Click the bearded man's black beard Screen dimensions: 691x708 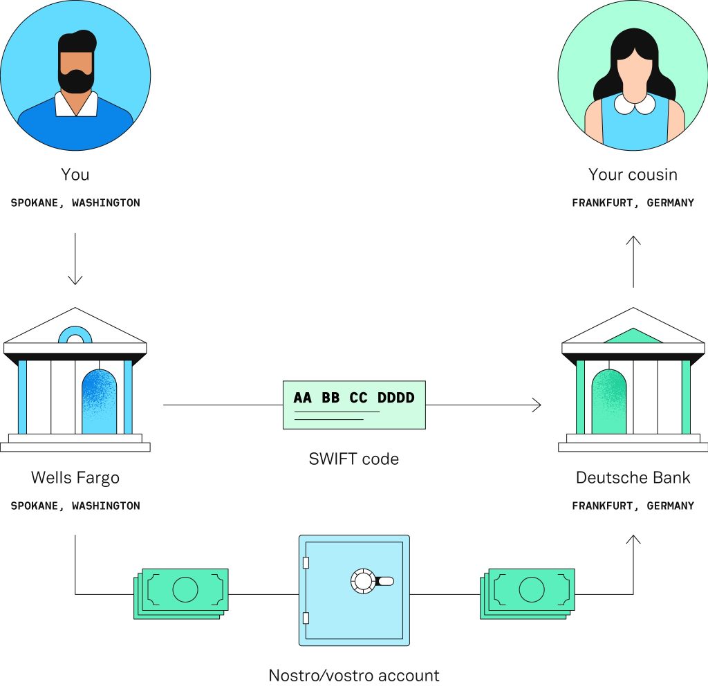coord(76,82)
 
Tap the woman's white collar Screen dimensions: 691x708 coord(634,104)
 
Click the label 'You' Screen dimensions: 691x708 coord(75,174)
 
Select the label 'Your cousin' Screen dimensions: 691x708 coord(633,174)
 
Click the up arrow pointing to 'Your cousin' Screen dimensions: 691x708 coord(633,261)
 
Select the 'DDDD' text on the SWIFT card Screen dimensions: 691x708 coord(395,398)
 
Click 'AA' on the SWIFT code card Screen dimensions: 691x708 coord(302,398)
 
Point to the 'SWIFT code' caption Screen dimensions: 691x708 coord(353,459)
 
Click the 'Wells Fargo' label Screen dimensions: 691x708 coord(75,478)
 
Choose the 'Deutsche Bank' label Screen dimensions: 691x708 coord(633,478)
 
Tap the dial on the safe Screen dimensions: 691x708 coord(363,580)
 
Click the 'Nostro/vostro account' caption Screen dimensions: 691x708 coord(353,675)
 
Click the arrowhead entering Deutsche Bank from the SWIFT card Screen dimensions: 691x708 coord(537,405)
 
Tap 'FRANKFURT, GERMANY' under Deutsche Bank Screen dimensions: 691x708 coord(633,506)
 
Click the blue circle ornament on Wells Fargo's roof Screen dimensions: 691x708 coord(75,335)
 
